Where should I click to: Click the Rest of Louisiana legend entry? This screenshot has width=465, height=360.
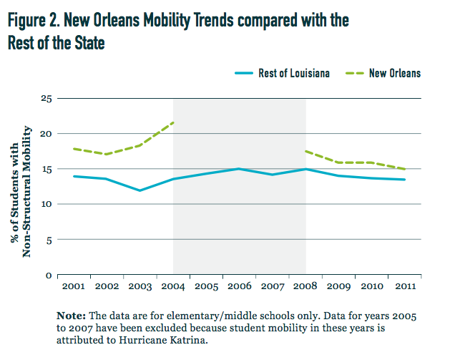pyautogui.click(x=294, y=73)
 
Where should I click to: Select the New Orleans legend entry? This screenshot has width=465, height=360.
pyautogui.click(x=394, y=73)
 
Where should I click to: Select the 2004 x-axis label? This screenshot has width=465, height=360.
pyautogui.click(x=173, y=286)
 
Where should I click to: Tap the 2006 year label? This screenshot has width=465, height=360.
pyautogui.click(x=240, y=286)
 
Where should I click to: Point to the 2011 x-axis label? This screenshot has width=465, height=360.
pyautogui.click(x=406, y=286)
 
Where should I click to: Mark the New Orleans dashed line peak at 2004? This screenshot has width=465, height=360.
pyautogui.click(x=173, y=123)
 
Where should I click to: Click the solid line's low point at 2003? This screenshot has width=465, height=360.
pyautogui.click(x=139, y=190)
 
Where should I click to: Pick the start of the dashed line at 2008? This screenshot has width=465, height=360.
pyautogui.click(x=306, y=151)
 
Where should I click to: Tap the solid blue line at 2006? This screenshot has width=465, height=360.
pyautogui.click(x=240, y=169)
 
